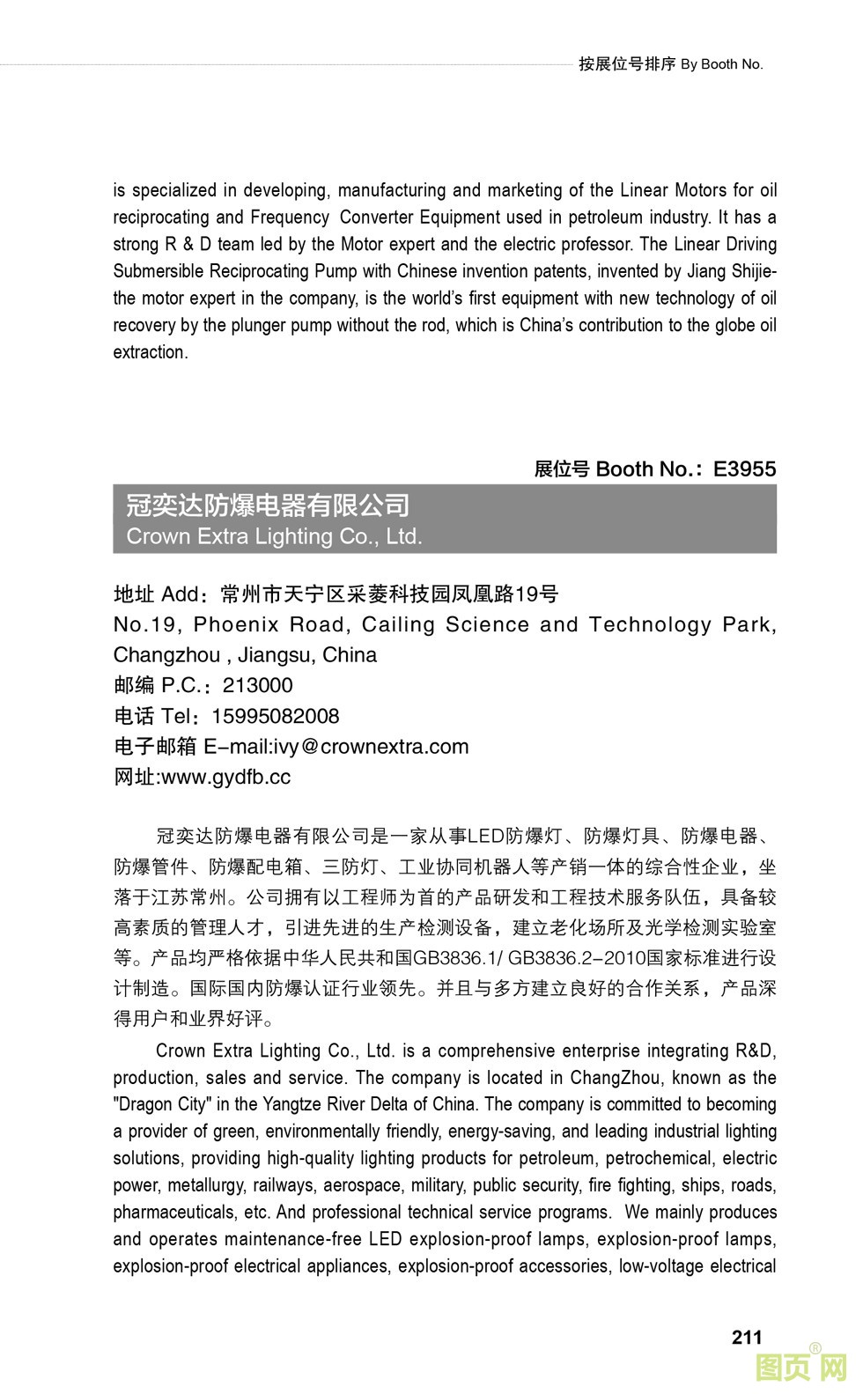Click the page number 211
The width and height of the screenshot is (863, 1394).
[x=746, y=1337]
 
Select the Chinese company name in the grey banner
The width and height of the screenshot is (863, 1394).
[x=268, y=505]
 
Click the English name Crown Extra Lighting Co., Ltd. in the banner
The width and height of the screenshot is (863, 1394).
[x=274, y=536]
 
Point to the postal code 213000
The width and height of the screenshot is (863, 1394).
[x=257, y=685]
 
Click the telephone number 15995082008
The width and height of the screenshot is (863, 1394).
[x=275, y=716]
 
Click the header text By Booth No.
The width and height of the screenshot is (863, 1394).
[x=721, y=64]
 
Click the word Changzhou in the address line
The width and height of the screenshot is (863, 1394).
[x=166, y=655]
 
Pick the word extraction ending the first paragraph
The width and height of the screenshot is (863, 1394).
[x=150, y=352]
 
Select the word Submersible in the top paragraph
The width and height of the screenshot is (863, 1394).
[x=159, y=271]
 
